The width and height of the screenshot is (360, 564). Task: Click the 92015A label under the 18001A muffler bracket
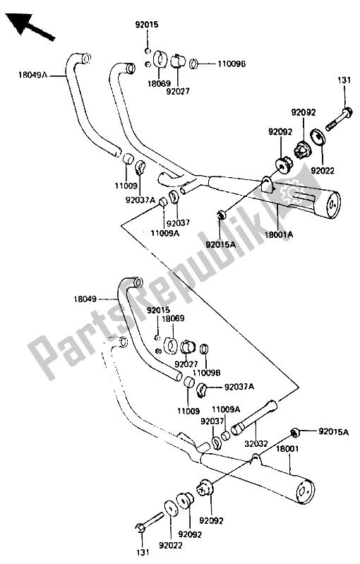221,245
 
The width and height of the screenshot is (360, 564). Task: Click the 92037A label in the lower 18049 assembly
241,386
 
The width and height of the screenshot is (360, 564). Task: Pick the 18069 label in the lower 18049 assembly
173,319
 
